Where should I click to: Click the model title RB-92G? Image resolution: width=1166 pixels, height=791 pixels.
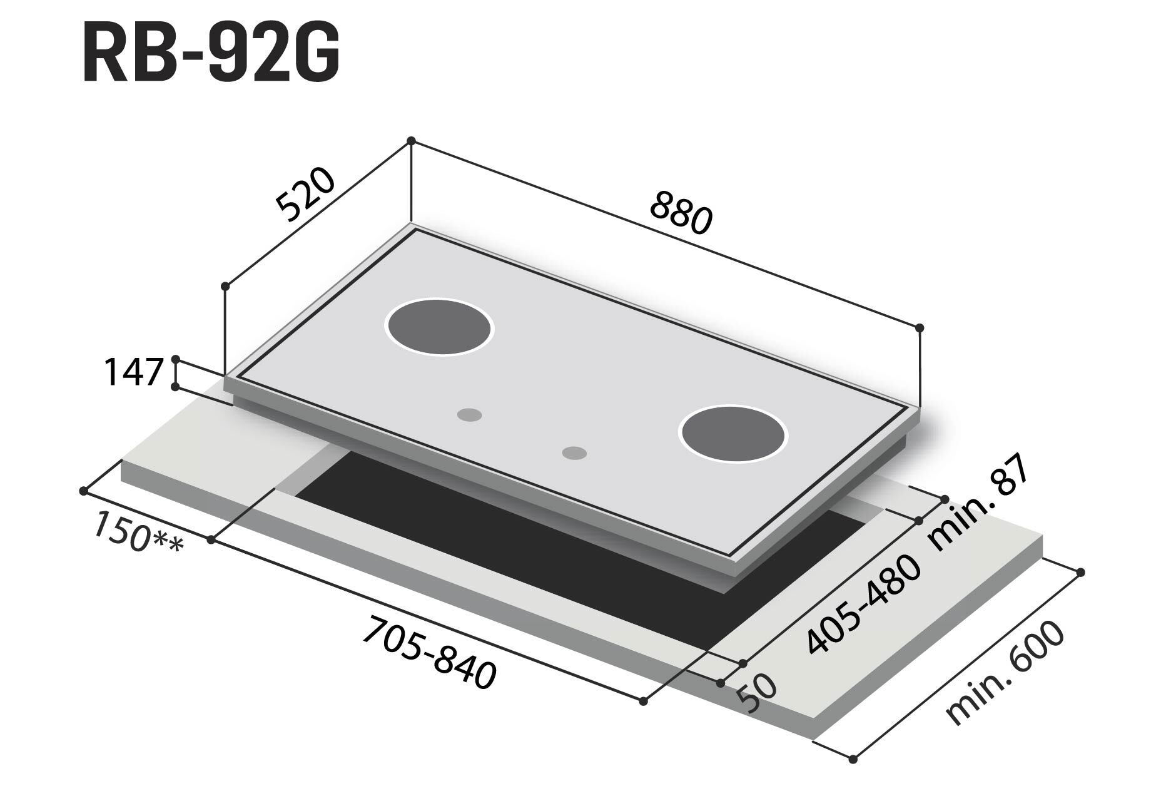pyautogui.click(x=211, y=54)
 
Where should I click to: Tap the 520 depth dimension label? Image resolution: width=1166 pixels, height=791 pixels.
pyautogui.click(x=306, y=195)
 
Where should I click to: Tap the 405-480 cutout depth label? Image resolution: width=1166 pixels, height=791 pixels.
pyautogui.click(x=864, y=605)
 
